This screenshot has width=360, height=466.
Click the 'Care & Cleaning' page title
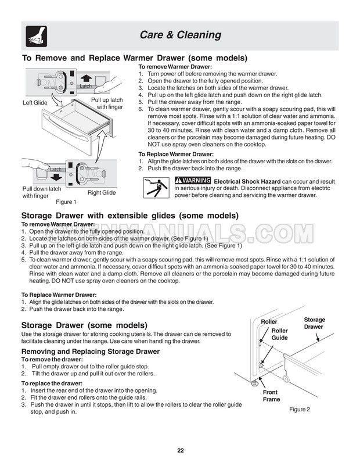point(180,35)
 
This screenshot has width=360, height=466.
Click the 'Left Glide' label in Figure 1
point(35,103)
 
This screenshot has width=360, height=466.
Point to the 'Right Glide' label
point(102,192)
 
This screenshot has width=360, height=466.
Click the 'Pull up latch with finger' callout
point(108,103)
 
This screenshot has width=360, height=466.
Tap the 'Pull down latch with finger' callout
point(41,192)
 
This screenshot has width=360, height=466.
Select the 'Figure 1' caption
point(66,202)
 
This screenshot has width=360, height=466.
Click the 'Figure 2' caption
point(300,409)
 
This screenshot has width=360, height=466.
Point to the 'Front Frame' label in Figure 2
point(271,396)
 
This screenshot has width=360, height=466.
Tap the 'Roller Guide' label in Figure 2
point(279,334)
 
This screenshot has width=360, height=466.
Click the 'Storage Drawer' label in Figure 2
point(315,323)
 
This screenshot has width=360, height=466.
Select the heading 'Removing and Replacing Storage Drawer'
point(90,352)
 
